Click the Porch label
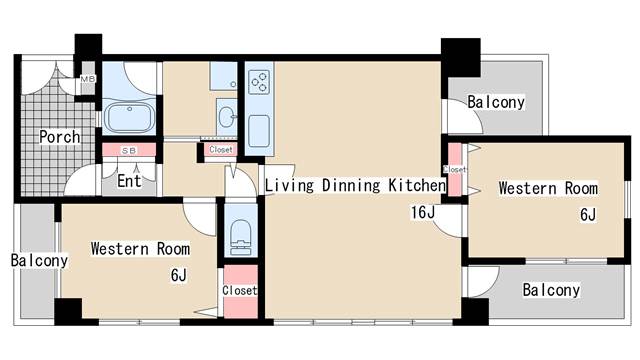(x=60, y=137)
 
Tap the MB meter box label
(x=87, y=79)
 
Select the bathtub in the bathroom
(x=129, y=117)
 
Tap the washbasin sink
(x=227, y=117)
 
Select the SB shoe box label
(x=129, y=151)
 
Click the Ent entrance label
(x=129, y=180)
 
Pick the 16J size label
(x=423, y=212)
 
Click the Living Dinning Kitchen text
(x=355, y=185)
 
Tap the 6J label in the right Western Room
(x=588, y=214)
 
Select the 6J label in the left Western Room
(x=179, y=275)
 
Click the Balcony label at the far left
(x=39, y=260)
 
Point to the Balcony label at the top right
(x=496, y=102)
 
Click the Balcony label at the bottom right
(x=551, y=290)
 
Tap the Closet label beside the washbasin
(x=221, y=150)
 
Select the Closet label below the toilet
(x=240, y=290)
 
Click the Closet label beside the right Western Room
(x=454, y=169)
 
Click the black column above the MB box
(x=88, y=47)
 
